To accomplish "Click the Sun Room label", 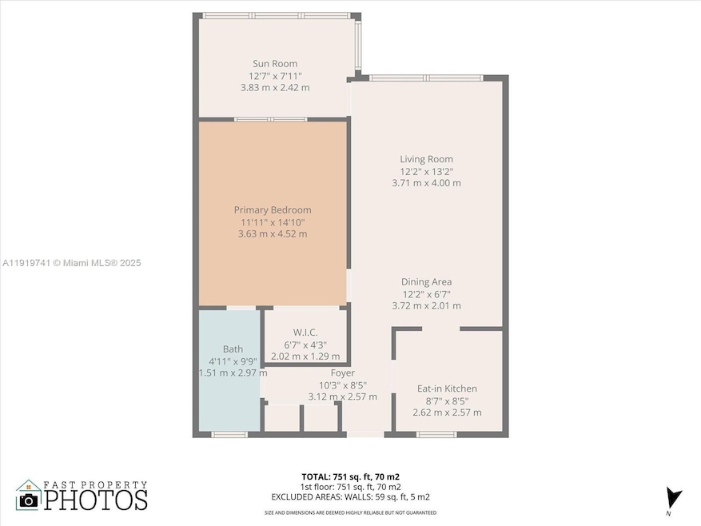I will click(x=275, y=64).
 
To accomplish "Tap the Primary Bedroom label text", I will click(x=273, y=210).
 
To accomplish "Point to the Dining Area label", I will click(x=426, y=281).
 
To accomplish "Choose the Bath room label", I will click(x=233, y=349).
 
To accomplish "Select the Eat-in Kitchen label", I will click(x=447, y=389).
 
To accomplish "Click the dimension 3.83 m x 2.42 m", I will click(x=275, y=87).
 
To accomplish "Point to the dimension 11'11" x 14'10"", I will click(x=273, y=222).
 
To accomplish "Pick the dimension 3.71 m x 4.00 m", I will click(x=426, y=183).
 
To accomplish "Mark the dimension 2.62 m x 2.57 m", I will click(x=447, y=412).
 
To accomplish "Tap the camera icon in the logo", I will click(x=29, y=500).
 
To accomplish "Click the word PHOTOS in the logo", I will click(x=95, y=500).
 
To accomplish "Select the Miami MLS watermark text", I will click(x=71, y=262).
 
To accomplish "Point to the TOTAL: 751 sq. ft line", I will click(x=350, y=475).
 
